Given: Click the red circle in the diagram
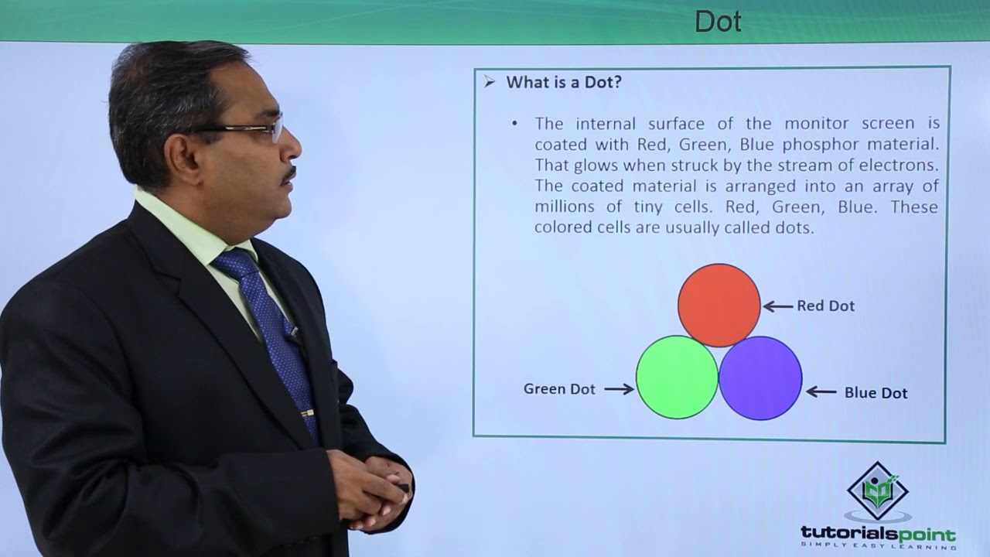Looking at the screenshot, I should pyautogui.click(x=719, y=305).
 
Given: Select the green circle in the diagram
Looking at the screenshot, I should pyautogui.click(x=677, y=378).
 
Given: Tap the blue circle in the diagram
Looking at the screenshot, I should pyautogui.click(x=760, y=378).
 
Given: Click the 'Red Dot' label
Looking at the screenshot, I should pyautogui.click(x=825, y=306).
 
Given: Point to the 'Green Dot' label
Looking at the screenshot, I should pyautogui.click(x=559, y=389).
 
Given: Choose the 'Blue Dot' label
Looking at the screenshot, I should pyautogui.click(x=876, y=393).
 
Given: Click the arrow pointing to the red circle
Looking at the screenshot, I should pyautogui.click(x=778, y=306).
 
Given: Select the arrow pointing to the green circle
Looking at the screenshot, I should pyautogui.click(x=619, y=389).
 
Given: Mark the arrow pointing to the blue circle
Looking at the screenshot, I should pyautogui.click(x=821, y=392).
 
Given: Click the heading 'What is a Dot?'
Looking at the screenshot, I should pyautogui.click(x=563, y=82).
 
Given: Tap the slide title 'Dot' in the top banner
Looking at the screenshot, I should pyautogui.click(x=718, y=21).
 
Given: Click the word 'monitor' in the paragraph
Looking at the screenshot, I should pyautogui.click(x=814, y=123).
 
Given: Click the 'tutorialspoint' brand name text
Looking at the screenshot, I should pyautogui.click(x=878, y=534).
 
